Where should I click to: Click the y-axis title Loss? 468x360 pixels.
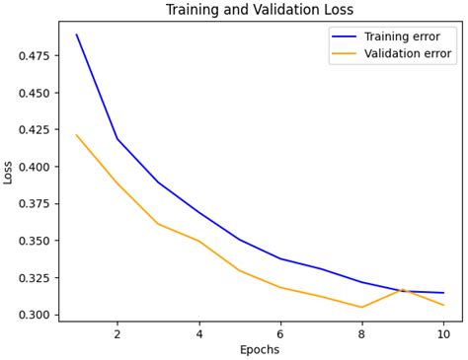point(9,172)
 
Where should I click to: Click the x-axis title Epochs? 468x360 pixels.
point(260,349)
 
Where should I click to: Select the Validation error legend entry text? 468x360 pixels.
point(408,54)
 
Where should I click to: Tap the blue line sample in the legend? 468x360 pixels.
point(346,36)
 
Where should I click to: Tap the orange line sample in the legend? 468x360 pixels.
point(346,54)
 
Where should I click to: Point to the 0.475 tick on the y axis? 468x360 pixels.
point(35,55)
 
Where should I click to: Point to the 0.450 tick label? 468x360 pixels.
point(35,93)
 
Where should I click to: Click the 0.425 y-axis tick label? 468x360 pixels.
point(35,129)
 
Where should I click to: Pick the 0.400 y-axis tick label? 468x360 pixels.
point(35,167)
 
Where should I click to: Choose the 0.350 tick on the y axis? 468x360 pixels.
point(35,241)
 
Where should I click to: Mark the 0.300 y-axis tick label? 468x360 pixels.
point(35,315)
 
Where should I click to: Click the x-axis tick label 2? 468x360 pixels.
point(117,333)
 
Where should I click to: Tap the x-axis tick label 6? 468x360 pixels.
point(280,333)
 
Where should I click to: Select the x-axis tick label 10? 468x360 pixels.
point(443,333)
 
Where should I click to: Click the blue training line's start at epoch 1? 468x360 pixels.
point(77,35)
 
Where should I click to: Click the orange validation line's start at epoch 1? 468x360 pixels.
point(77,135)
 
